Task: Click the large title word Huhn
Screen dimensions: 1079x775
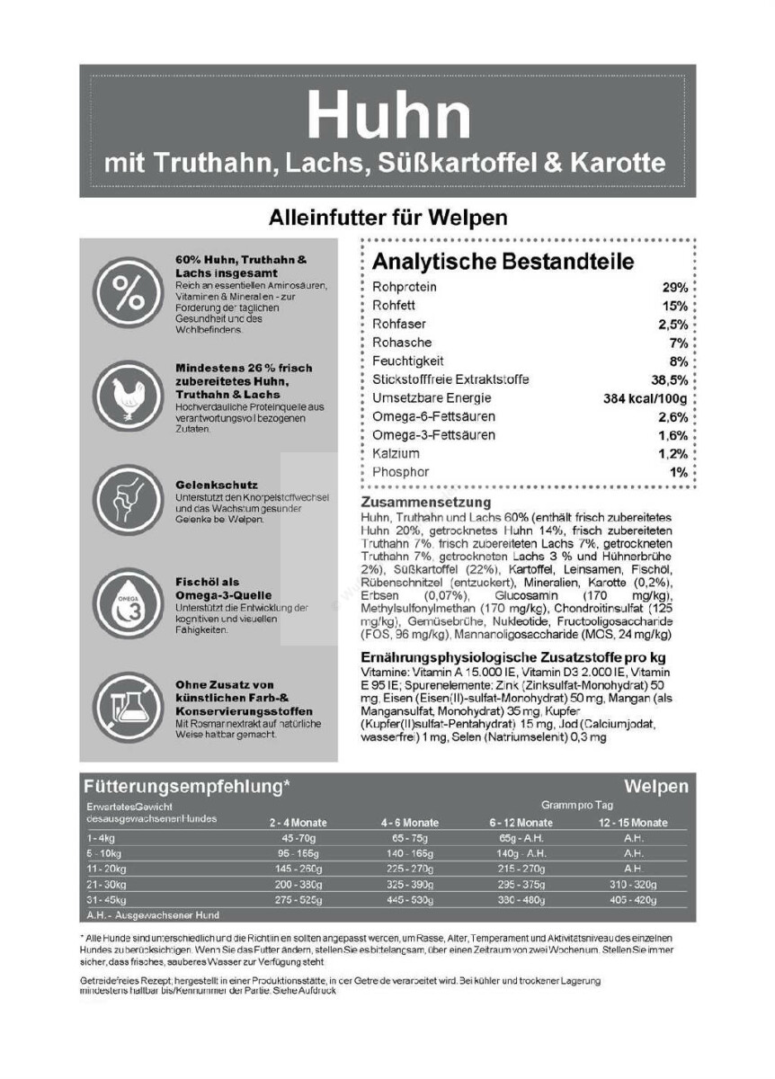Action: coord(387,114)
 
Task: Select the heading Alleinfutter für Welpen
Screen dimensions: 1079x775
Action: coord(387,218)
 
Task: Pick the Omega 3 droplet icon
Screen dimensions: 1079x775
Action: coord(125,602)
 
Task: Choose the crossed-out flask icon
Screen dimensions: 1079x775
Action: coord(125,706)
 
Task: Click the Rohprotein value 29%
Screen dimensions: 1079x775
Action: coord(674,287)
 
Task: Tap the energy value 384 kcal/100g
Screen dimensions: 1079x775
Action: coord(645,398)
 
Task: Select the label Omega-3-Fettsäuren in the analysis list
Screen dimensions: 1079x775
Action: coord(433,435)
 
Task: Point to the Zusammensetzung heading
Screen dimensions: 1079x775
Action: coord(425,502)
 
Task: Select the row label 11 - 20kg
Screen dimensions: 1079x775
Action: coord(107,869)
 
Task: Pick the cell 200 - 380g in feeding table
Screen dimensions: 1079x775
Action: coord(298,884)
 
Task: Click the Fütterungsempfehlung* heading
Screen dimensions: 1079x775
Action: coord(186,787)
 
